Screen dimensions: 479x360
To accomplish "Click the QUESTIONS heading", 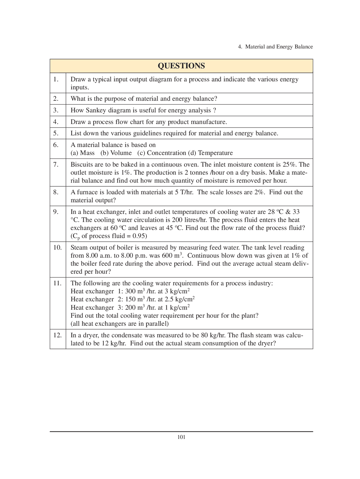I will [x=181, y=66].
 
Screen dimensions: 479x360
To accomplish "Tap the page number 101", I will [x=181, y=437].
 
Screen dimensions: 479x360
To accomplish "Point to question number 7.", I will [x=56, y=164].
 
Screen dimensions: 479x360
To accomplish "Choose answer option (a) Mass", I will [x=82, y=153].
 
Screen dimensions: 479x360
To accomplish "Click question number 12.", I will [x=57, y=335].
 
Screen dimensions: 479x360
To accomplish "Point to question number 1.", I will [x=56, y=79].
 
